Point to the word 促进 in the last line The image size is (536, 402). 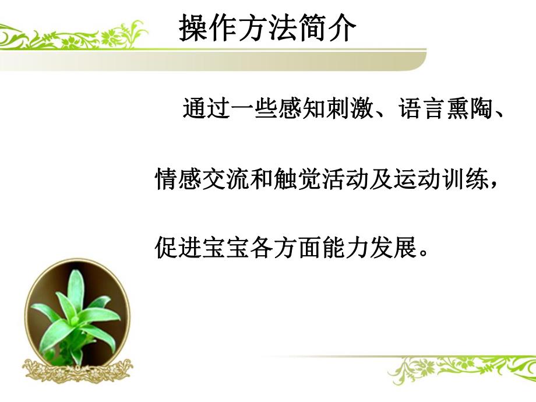coord(175,249)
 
